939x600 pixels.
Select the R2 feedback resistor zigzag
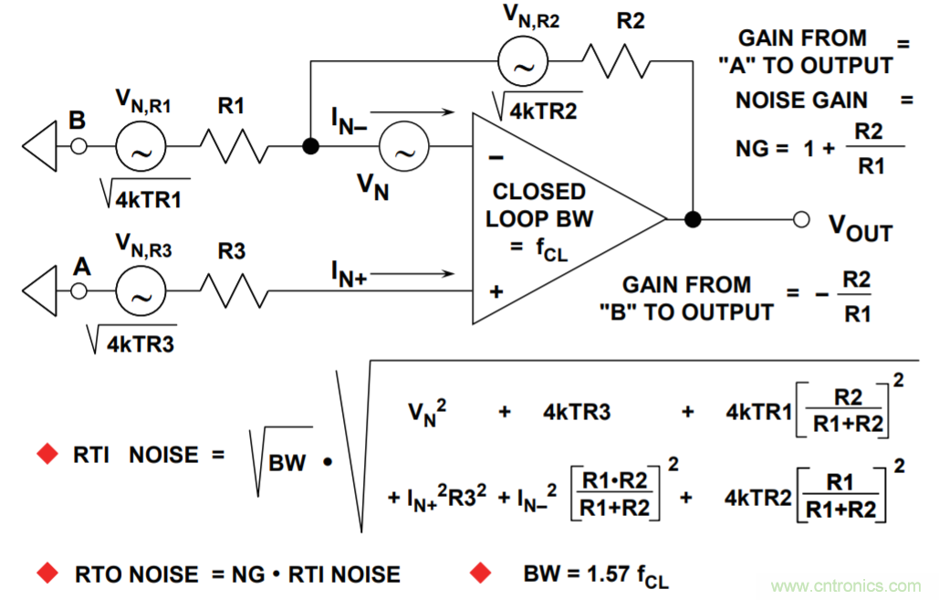[616, 61]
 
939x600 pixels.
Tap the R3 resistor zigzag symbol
[235, 291]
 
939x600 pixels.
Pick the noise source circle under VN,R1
[141, 146]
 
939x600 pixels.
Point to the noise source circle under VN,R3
[141, 291]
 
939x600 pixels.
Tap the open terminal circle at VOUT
[801, 219]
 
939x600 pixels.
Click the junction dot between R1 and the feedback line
[311, 146]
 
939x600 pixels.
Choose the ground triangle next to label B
[41, 146]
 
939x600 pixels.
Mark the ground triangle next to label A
[41, 291]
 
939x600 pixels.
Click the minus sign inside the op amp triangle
[496, 157]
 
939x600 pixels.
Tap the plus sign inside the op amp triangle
[496, 292]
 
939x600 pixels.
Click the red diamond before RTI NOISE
[46, 455]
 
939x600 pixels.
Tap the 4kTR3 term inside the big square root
[577, 413]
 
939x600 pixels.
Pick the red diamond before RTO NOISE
[46, 574]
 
